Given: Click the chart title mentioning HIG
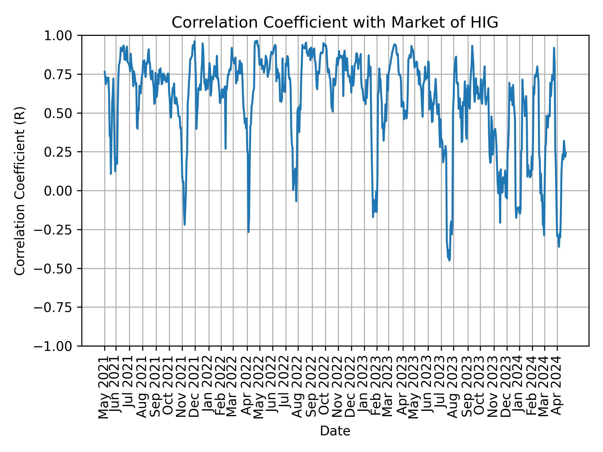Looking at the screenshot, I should [x=335, y=23].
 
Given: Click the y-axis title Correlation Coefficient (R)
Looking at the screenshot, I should [x=20, y=191].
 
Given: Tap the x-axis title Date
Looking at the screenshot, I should [x=335, y=431].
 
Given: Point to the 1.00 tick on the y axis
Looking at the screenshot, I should [x=62, y=35].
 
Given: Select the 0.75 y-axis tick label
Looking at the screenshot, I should [x=62, y=74].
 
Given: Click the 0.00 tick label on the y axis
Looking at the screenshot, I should [x=62, y=191].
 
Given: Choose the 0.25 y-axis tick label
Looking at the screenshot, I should [x=62, y=152].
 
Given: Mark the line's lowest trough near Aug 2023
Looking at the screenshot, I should [x=449, y=260].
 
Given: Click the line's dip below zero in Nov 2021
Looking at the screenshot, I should [x=185, y=224].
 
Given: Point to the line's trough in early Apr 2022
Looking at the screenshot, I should [x=248, y=232].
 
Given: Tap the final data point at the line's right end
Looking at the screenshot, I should [x=566, y=152].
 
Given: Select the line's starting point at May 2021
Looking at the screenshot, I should [x=105, y=72].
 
